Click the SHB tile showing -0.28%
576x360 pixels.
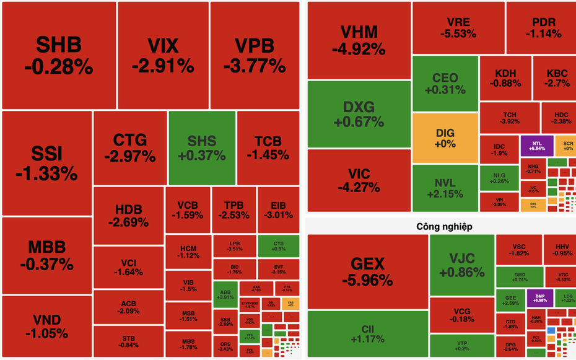tap(59, 55)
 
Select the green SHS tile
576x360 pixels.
tap(201, 148)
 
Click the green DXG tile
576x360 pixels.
tap(359, 114)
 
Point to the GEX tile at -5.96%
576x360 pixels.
tap(368, 271)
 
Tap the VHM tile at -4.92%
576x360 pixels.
tap(359, 40)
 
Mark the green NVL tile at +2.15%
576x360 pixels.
tap(445, 188)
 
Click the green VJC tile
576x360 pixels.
tap(461, 265)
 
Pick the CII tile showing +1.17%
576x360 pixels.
tap(368, 333)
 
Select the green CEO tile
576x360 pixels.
tap(445, 84)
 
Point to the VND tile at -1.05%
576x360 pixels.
tap(46, 327)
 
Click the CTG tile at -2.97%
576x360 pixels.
tap(130, 148)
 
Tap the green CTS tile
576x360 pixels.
tap(278, 246)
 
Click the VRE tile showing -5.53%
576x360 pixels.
tap(458, 28)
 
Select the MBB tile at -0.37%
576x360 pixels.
tap(46, 255)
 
